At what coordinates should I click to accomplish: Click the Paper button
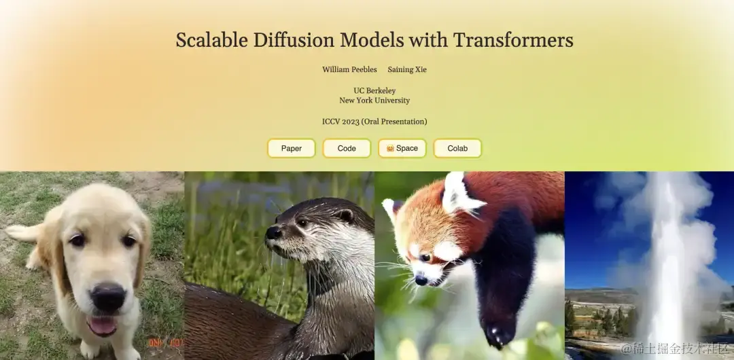point(291,148)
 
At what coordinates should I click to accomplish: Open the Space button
point(402,148)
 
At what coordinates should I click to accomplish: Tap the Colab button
point(457,148)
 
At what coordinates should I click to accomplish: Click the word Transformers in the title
point(513,40)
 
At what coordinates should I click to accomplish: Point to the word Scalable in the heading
point(212,40)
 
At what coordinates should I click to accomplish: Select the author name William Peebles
point(349,69)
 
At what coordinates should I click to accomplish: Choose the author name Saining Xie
point(407,69)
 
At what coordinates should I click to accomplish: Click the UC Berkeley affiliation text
point(374,90)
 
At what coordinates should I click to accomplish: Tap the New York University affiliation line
point(374,100)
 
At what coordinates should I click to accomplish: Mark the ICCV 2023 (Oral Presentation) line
point(374,122)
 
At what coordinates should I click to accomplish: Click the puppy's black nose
point(108,297)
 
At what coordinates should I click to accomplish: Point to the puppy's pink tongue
point(101,325)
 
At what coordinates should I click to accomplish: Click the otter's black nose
point(273,233)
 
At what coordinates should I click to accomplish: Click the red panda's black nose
point(421,280)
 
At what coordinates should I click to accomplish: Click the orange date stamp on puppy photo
point(166,342)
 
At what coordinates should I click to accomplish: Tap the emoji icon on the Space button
point(390,148)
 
